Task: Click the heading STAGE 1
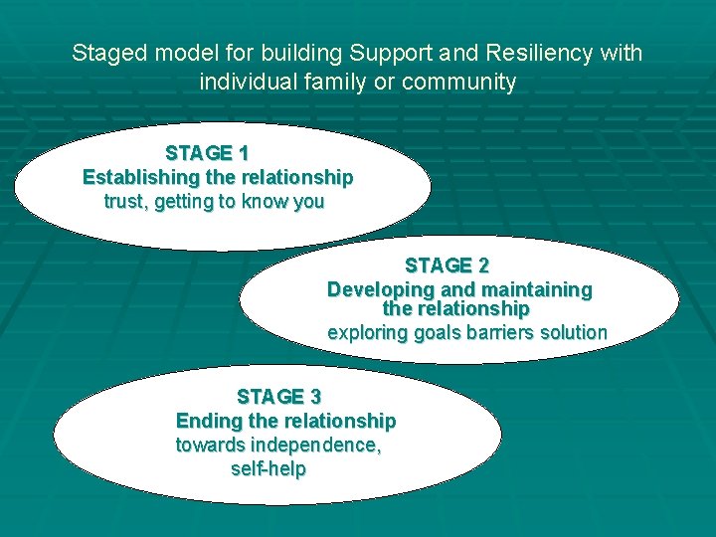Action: click(x=207, y=153)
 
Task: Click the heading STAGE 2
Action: click(x=447, y=266)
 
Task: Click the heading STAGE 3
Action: click(x=278, y=397)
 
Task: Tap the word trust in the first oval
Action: click(x=125, y=202)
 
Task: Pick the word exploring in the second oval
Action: click(x=367, y=333)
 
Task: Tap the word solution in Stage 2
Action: click(x=573, y=333)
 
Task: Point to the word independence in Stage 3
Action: click(x=315, y=445)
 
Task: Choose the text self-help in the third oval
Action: click(x=268, y=468)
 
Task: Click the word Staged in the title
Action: click(x=104, y=54)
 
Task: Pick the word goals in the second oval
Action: click(x=437, y=333)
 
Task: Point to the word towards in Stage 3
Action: click(x=210, y=445)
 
